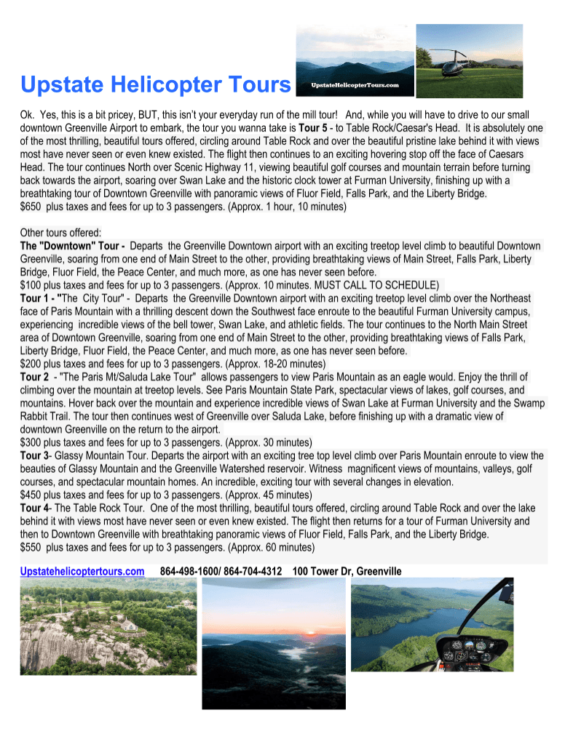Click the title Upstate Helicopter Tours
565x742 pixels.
tap(156, 86)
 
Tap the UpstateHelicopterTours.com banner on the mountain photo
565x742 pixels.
tap(356, 85)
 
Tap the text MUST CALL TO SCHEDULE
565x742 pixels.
tap(382, 285)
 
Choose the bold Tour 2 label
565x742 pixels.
tap(35, 377)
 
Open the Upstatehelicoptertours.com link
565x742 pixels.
tap(82, 572)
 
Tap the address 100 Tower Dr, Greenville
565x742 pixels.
tap(347, 572)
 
